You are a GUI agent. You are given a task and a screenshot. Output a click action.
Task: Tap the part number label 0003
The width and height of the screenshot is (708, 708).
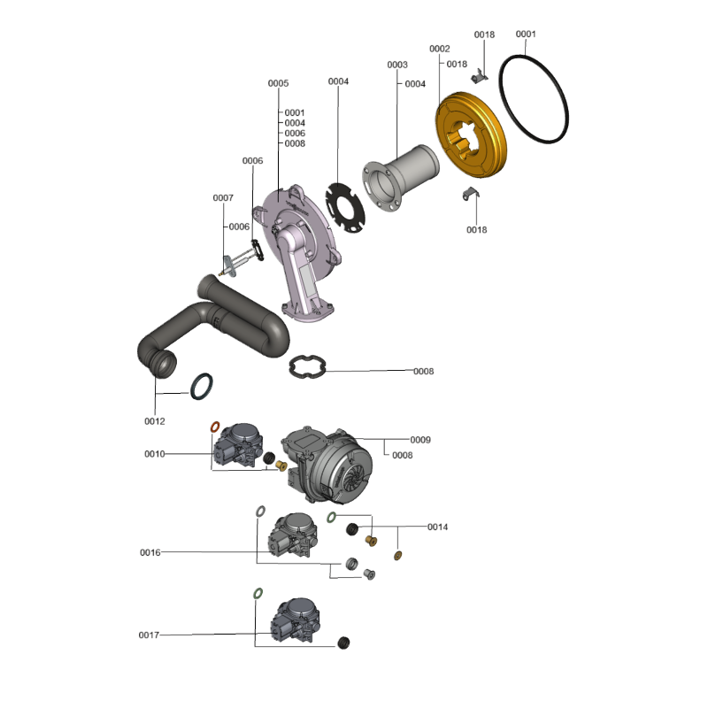397,65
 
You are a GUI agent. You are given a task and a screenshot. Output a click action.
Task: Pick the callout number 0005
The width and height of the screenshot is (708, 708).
278,83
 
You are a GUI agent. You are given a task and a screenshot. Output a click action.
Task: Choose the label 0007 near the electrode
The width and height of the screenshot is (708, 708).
223,198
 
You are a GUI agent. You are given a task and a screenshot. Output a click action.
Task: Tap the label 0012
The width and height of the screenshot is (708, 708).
154,422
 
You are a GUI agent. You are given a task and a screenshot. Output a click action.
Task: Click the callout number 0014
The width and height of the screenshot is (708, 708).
437,527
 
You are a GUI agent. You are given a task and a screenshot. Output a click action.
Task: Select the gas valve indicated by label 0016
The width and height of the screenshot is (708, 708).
292,535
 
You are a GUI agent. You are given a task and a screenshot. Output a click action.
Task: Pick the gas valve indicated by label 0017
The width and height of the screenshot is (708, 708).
296,620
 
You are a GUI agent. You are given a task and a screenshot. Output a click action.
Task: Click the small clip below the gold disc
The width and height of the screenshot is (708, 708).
471,194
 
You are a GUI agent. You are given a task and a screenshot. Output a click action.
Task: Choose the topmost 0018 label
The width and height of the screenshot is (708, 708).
484,35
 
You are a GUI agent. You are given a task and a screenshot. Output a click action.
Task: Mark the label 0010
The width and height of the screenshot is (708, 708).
154,454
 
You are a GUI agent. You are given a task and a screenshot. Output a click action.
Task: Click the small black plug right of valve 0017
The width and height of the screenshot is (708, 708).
343,643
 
